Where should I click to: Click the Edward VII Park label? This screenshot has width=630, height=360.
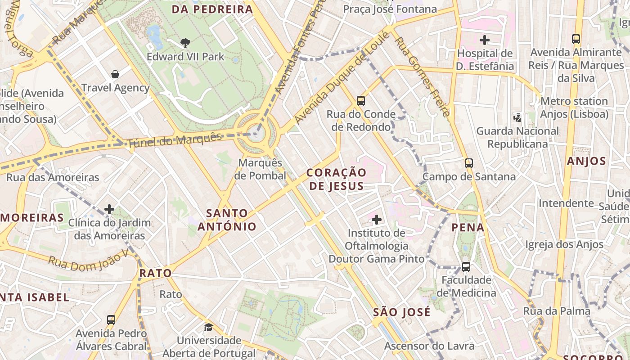click(185, 57)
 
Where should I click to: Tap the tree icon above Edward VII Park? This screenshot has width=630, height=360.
click(185, 43)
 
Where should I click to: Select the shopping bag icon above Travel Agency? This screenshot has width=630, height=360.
click(115, 74)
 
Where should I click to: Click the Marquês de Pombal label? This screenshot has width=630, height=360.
click(261, 169)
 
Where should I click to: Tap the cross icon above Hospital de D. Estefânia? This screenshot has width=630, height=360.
click(485, 40)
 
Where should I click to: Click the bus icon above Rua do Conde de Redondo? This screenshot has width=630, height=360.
click(361, 100)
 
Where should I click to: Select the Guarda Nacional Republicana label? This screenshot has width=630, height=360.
click(517, 137)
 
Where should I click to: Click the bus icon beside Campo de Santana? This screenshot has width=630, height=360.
click(469, 163)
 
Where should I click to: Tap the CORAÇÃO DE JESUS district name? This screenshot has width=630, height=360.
click(337, 179)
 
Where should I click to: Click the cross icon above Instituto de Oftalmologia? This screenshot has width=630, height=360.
click(377, 220)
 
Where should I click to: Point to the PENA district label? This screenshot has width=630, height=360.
click(468, 227)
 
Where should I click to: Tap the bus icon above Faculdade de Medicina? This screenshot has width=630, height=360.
click(466, 267)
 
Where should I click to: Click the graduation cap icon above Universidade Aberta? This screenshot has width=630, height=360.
click(208, 327)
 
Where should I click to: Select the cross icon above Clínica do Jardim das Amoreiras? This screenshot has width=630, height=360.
click(109, 209)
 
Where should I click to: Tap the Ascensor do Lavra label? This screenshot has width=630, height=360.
click(429, 346)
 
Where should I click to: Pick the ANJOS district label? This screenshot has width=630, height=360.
click(586, 161)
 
